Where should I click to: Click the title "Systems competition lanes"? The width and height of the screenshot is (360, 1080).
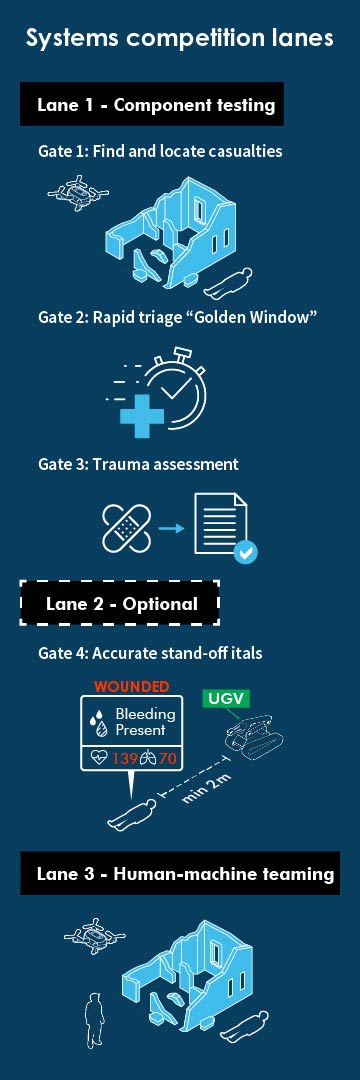click(180, 39)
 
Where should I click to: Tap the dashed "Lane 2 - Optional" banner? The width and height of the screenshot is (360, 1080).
click(120, 603)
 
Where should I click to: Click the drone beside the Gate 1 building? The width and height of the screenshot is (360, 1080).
click(75, 190)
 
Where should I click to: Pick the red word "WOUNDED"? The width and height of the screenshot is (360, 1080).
click(131, 687)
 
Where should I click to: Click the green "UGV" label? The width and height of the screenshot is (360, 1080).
click(228, 696)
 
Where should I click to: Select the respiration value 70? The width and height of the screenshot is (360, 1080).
click(168, 759)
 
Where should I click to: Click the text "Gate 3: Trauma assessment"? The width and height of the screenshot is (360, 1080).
click(138, 464)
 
